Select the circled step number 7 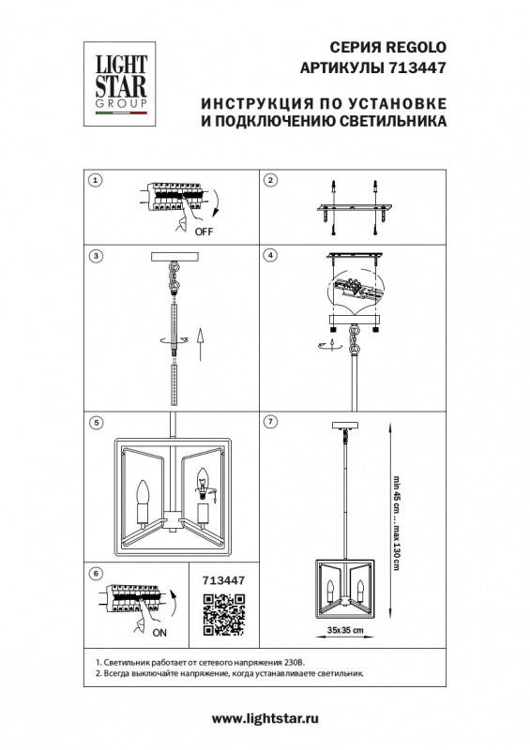(269, 422)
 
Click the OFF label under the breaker (202, 230)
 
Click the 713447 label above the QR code (223, 580)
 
